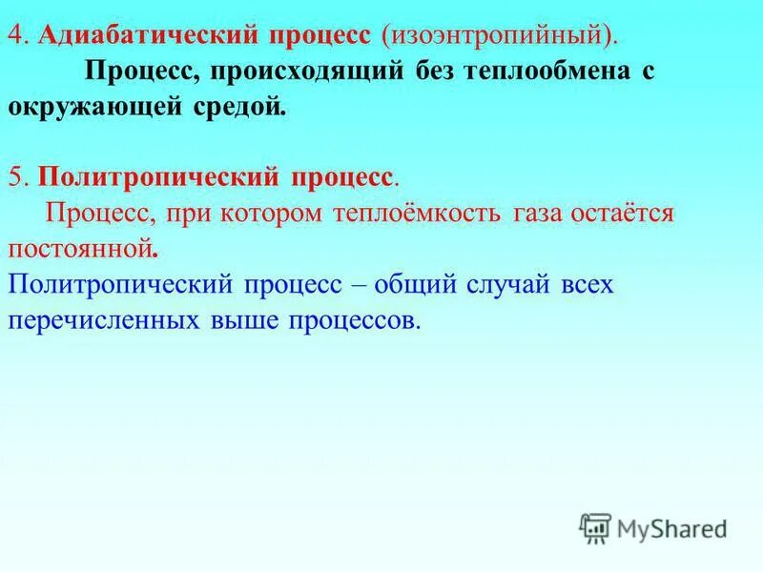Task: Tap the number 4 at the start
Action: coord(15,35)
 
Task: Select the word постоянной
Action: coord(81,250)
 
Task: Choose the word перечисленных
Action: coord(101,321)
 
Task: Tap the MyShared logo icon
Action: coord(595,527)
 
